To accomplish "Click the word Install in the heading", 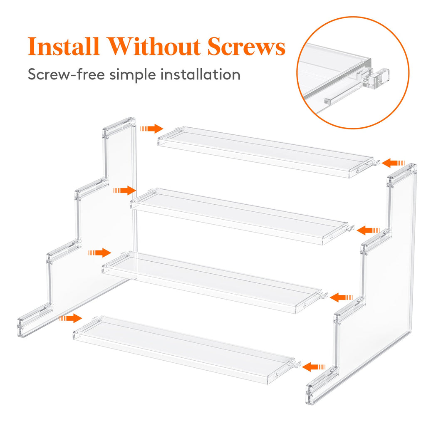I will pos(64,47).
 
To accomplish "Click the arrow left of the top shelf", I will pos(152,129).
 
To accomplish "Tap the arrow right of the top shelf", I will pos(393,162).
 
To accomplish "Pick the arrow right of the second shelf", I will pos(369,230).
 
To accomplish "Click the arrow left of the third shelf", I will pos(100,253).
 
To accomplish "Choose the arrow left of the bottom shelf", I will pos(70,318).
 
